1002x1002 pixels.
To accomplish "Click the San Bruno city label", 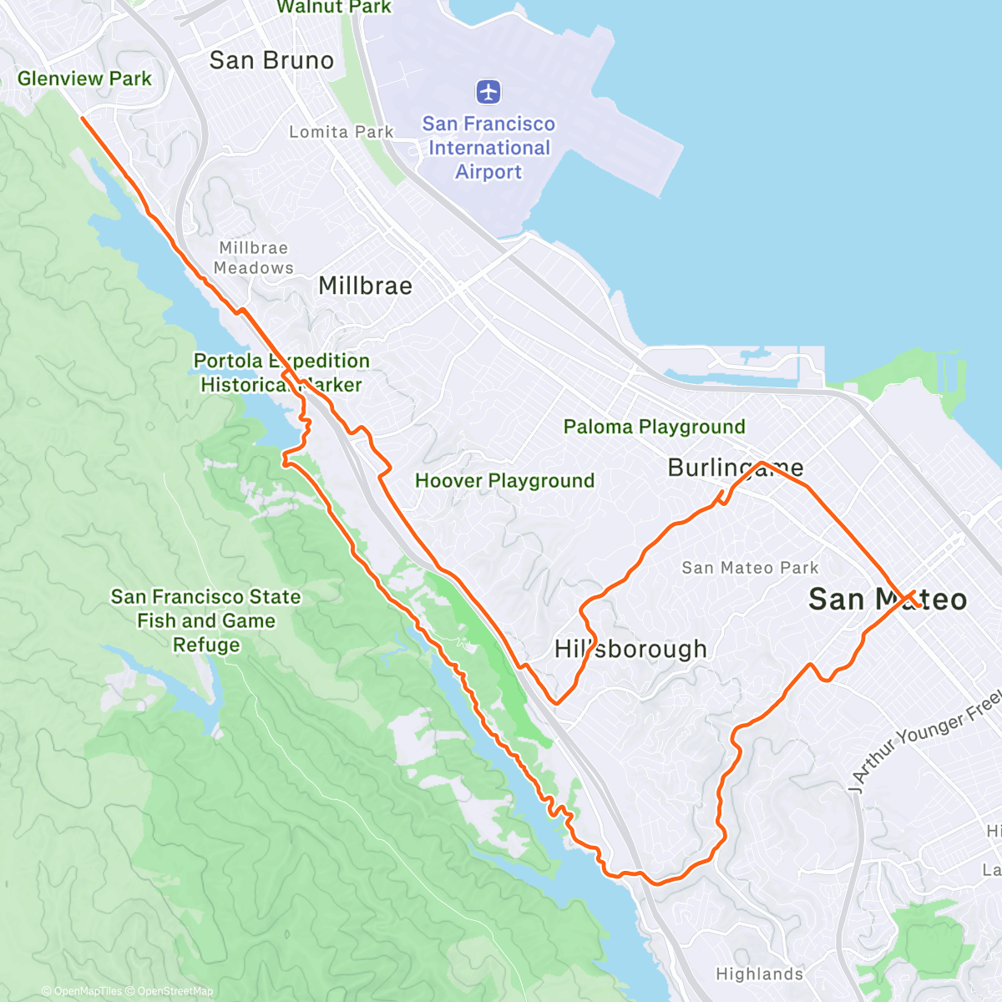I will [271, 60].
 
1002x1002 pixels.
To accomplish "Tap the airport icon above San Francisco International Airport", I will [488, 91].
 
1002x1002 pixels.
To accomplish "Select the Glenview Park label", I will [84, 78].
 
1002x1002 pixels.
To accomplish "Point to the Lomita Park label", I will [341, 132].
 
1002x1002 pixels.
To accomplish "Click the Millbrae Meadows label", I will [254, 258].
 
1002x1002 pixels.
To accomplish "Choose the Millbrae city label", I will [365, 286].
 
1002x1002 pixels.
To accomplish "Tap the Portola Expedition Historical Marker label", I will [281, 372].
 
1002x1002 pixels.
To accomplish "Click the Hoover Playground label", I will [504, 480].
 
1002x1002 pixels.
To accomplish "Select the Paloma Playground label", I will [654, 427].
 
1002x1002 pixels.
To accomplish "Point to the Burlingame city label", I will [735, 468].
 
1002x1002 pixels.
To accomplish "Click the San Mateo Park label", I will [750, 568].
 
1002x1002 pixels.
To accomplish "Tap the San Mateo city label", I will [887, 599].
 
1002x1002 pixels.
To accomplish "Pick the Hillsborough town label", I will [630, 649].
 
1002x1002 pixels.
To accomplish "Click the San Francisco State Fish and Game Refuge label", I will [205, 620].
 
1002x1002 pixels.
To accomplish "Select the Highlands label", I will [759, 974].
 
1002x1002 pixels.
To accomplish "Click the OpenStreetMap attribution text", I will [175, 991].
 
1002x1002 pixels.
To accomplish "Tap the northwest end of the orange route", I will [83, 119].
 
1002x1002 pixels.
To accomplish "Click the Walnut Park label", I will [334, 7].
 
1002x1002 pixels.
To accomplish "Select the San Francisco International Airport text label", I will [488, 148].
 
